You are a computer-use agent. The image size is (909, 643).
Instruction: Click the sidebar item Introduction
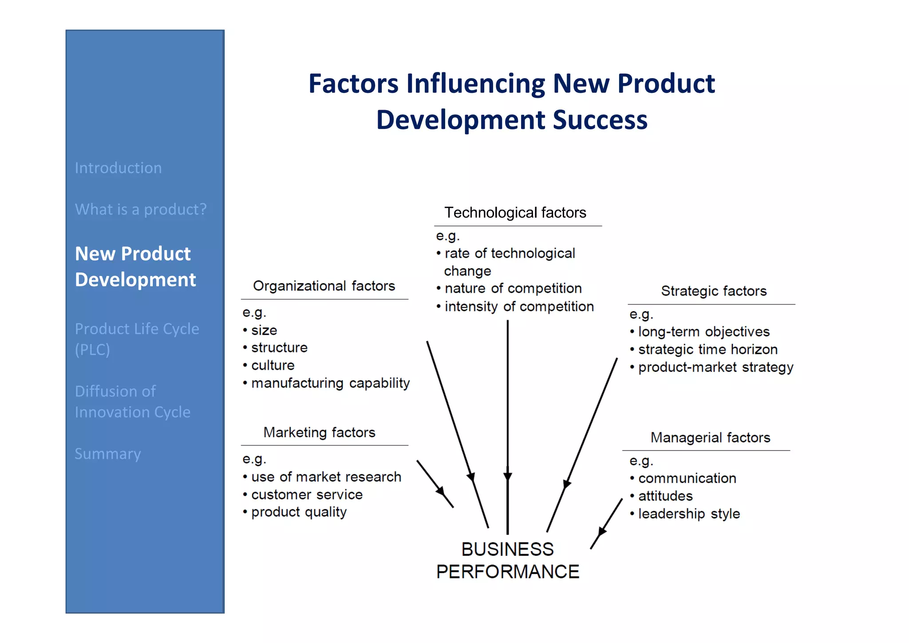[118, 168]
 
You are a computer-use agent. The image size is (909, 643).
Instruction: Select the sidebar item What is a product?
[141, 209]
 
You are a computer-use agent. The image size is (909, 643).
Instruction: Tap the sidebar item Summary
[108, 454]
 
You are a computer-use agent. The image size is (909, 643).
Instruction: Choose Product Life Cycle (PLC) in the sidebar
[137, 339]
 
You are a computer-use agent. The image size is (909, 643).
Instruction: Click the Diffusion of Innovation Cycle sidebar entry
[132, 402]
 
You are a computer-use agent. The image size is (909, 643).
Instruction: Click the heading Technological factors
[515, 213]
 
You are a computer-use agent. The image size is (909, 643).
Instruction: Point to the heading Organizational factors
[324, 286]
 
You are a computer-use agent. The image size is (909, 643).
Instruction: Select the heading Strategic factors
[714, 291]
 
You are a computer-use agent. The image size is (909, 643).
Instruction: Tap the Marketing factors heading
[319, 432]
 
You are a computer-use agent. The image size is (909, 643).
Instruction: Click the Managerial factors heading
[710, 438]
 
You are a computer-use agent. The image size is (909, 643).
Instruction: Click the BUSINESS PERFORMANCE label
[507, 560]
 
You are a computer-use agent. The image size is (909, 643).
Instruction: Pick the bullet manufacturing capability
[330, 383]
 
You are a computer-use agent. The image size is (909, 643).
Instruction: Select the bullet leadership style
[689, 514]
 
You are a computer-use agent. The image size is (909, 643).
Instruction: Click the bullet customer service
[307, 495]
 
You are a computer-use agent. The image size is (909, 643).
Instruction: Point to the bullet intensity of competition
[519, 307]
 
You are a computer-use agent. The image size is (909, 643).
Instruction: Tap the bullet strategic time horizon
[707, 350]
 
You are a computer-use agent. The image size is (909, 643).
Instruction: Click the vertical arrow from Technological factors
[508, 422]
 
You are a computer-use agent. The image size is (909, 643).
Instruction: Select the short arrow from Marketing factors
[435, 484]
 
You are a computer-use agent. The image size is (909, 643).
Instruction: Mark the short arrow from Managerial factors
[606, 524]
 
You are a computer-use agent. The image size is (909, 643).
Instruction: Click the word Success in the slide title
[600, 120]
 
